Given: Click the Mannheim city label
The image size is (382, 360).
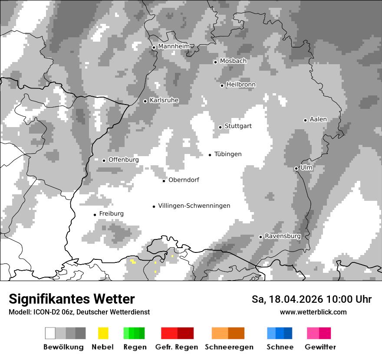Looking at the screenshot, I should [x=174, y=46].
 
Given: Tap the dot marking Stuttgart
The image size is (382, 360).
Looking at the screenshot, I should [x=221, y=127].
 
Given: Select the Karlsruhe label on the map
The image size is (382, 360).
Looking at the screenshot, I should [x=164, y=100].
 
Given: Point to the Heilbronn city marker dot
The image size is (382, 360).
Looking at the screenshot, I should [x=222, y=85].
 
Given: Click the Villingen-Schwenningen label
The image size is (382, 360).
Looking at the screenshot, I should [x=194, y=206].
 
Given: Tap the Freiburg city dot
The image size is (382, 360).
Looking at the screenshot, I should [x=95, y=215].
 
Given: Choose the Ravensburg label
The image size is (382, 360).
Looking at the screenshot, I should [x=283, y=236].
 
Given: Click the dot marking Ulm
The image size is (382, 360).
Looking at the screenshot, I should [x=296, y=168].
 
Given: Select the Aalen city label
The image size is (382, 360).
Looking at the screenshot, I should [x=318, y=119].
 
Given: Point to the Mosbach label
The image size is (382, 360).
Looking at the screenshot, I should [x=233, y=61].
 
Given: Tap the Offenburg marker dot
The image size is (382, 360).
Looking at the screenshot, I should [x=104, y=160].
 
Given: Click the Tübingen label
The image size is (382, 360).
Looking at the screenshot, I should [x=228, y=154].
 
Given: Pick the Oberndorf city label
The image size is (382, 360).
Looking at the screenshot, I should [x=184, y=180].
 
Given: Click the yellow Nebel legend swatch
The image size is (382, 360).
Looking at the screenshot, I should [x=103, y=333].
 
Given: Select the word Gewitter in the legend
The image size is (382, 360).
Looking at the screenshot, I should [x=320, y=347].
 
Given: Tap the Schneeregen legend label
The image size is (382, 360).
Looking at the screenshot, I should [x=229, y=347].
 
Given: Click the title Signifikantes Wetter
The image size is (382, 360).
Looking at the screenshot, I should [x=72, y=299].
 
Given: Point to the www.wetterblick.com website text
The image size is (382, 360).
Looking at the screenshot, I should [x=313, y=312].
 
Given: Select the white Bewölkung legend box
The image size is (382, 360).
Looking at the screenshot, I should [x=50, y=333].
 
